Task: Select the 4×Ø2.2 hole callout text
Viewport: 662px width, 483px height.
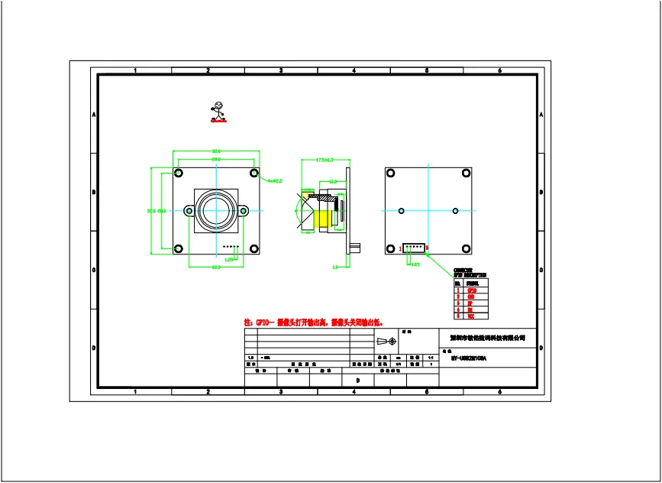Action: point(275,180)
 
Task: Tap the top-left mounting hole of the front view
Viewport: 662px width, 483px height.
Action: point(178,173)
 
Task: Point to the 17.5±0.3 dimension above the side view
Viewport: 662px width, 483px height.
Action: point(325,159)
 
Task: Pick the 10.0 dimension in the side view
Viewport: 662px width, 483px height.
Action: point(333,182)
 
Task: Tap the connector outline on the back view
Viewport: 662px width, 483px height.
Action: point(413,248)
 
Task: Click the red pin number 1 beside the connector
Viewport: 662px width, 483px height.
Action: point(400,248)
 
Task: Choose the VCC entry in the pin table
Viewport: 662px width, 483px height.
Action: point(471,316)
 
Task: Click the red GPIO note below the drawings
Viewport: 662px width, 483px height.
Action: point(313,323)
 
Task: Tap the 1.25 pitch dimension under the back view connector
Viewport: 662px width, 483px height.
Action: point(415,264)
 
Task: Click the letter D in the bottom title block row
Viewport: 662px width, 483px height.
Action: point(357,380)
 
